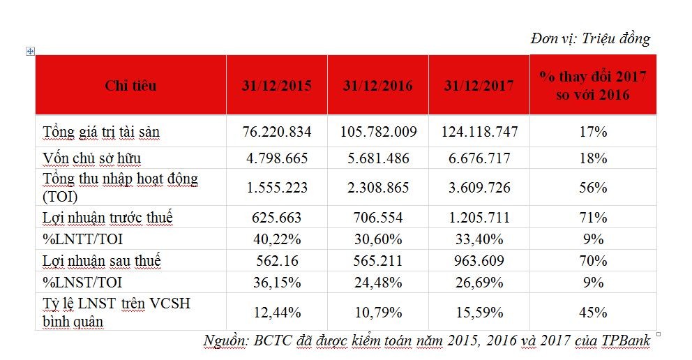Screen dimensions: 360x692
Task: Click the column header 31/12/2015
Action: pyautogui.click(x=277, y=86)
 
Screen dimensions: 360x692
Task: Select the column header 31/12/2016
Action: pyautogui.click(x=377, y=86)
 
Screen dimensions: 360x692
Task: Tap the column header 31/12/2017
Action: pyautogui.click(x=478, y=86)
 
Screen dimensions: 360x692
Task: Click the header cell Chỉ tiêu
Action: pyautogui.click(x=130, y=86)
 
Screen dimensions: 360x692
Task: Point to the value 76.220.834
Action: pyautogui.click(x=277, y=131)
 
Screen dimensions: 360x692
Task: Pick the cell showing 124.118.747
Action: pyautogui.click(x=478, y=131)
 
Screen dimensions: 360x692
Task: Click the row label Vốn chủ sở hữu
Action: pyautogui.click(x=91, y=157)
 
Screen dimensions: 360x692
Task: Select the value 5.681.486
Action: pyautogui.click(x=377, y=158)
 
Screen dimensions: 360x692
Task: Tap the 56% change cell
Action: pyautogui.click(x=594, y=188)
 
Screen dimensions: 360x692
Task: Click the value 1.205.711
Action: pyautogui.click(x=478, y=218)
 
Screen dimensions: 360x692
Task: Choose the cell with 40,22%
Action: pyautogui.click(x=277, y=239)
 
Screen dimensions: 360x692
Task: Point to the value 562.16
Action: pyautogui.click(x=277, y=261)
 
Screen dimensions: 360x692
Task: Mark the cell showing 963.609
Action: pyautogui.click(x=478, y=261)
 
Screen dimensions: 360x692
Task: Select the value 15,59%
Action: pyautogui.click(x=478, y=312)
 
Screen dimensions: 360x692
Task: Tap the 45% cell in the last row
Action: pyautogui.click(x=594, y=312)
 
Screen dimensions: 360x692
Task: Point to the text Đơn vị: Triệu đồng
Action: pyautogui.click(x=590, y=38)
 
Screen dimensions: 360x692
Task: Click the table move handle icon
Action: pyautogui.click(x=30, y=51)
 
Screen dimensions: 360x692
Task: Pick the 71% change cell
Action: pyautogui.click(x=594, y=218)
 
